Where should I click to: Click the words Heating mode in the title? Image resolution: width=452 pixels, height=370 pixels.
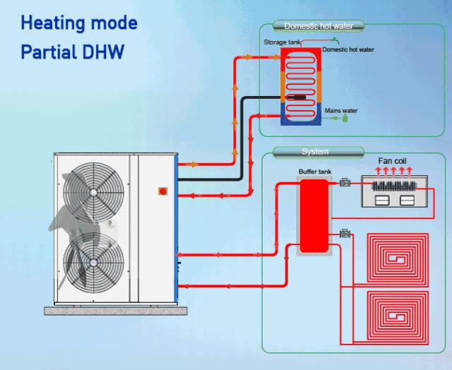[x=78, y=23]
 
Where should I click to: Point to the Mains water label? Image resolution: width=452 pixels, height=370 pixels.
[x=341, y=110]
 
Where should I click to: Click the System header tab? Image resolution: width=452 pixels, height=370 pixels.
[x=314, y=152]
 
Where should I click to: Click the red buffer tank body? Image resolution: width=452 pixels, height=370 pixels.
[x=313, y=215]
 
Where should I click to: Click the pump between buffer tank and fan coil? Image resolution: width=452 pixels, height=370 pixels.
[x=345, y=184]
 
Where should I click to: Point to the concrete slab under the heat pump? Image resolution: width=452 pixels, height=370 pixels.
[x=113, y=311]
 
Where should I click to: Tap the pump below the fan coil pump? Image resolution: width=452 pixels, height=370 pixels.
[x=345, y=233]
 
